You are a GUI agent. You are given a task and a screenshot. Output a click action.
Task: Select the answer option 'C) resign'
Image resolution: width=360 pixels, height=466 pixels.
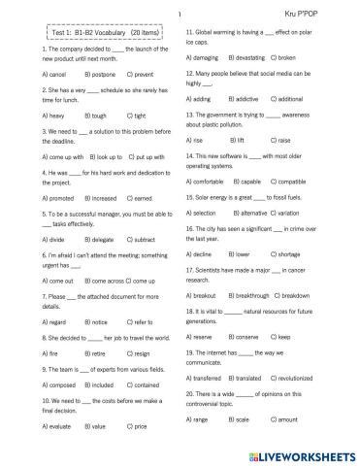[x=137, y=354]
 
